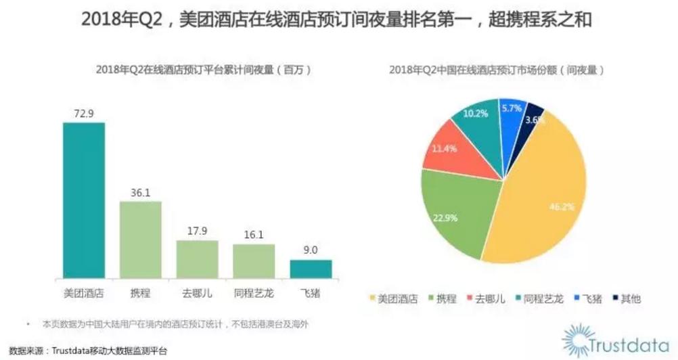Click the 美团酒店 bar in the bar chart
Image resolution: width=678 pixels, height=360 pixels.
click(x=84, y=200)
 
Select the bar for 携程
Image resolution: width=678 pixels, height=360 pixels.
click(x=141, y=240)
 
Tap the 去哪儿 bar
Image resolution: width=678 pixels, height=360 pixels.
click(x=197, y=259)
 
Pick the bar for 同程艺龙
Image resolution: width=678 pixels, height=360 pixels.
click(x=254, y=261)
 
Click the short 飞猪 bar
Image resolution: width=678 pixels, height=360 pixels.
click(x=311, y=269)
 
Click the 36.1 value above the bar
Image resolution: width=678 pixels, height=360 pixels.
click(x=141, y=192)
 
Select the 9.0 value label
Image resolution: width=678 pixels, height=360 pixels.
click(x=311, y=250)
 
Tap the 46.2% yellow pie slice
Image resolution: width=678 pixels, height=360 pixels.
click(x=541, y=203)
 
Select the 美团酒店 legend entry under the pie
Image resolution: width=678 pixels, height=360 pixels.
click(x=392, y=298)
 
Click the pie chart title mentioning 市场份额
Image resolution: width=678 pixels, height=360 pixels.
click(x=496, y=70)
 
